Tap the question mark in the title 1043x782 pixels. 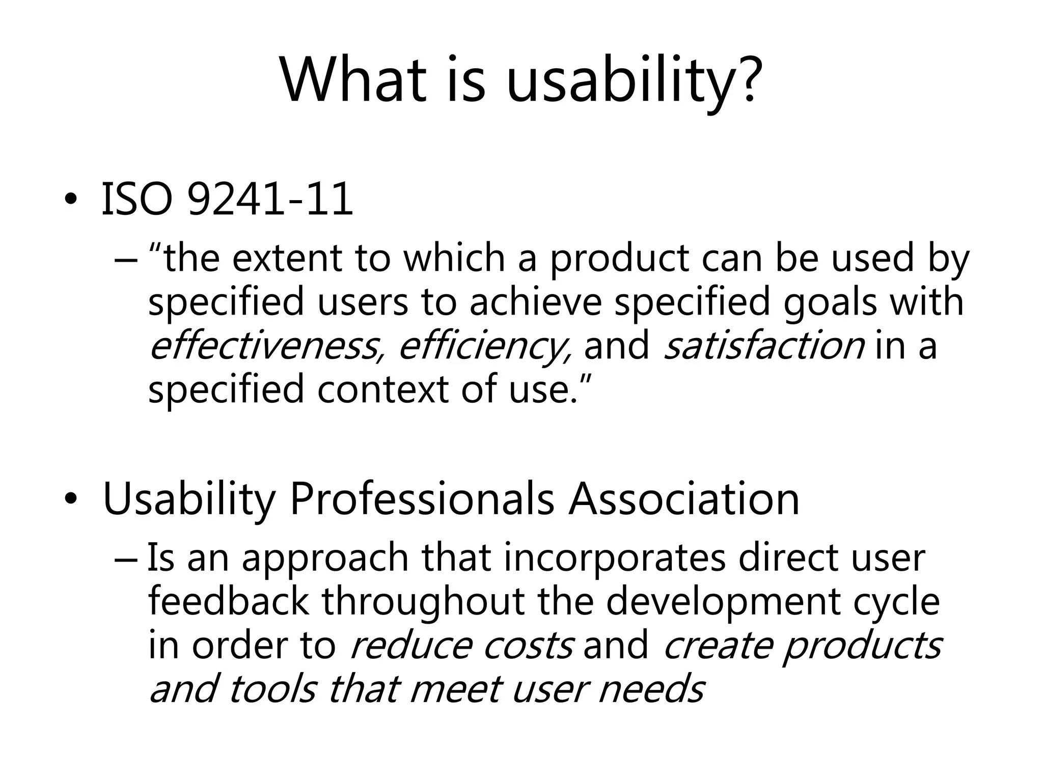pos(747,80)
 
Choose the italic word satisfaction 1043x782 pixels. pos(764,346)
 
